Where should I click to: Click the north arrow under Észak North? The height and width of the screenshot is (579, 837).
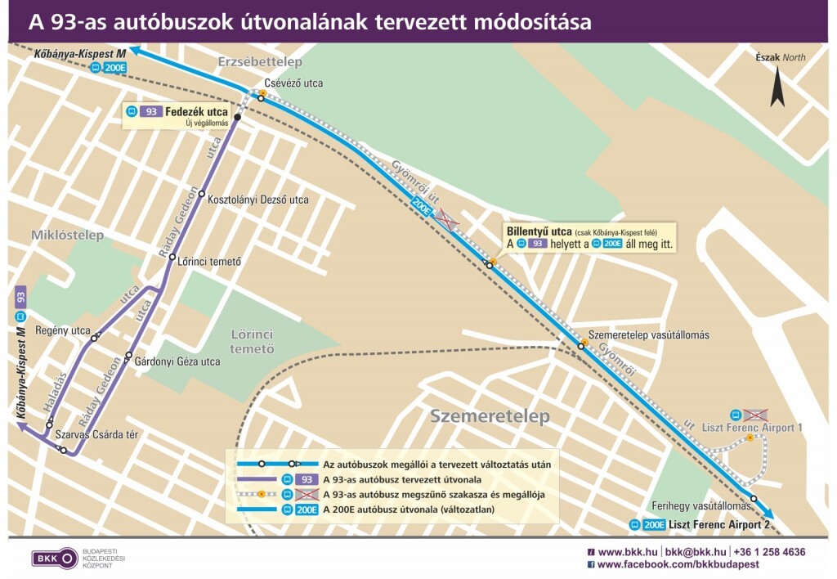coord(777,88)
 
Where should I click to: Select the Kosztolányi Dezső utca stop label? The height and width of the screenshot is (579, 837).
coord(258,200)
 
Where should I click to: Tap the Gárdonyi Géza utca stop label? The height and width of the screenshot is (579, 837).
coord(177,361)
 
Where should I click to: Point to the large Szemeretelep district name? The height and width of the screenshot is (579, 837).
coord(490,416)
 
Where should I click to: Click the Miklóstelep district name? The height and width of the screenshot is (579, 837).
coord(68,236)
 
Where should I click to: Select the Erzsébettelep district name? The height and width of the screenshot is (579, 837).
coord(260,62)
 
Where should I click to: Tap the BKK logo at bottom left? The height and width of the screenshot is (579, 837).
coord(55,559)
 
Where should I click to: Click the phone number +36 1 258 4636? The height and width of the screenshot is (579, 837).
coord(769,552)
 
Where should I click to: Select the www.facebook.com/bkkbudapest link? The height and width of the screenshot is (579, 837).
coord(678,564)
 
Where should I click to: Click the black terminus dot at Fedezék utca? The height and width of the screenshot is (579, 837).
coord(238,118)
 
